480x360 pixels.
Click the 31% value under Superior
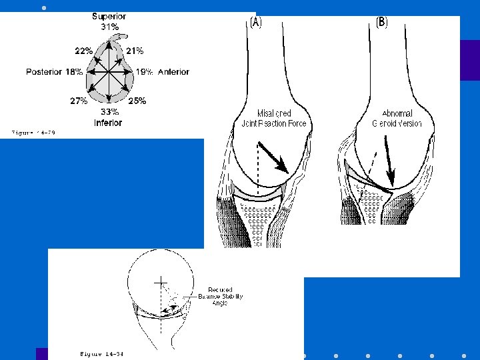pyautogui.click(x=110, y=27)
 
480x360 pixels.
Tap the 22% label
pyautogui.click(x=84, y=51)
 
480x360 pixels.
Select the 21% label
pyautogui.click(x=135, y=51)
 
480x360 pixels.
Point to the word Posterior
pyautogui.click(x=45, y=72)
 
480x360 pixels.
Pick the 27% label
pyautogui.click(x=79, y=101)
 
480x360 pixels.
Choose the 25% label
pyautogui.click(x=137, y=101)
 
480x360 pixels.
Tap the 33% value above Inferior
pyautogui.click(x=110, y=112)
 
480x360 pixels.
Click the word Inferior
pyautogui.click(x=108, y=123)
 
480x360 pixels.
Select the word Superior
pyautogui.click(x=109, y=16)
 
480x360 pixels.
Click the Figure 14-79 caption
pyautogui.click(x=33, y=133)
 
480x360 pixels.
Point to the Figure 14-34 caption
pyautogui.click(x=100, y=353)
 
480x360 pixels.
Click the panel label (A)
pyautogui.click(x=257, y=22)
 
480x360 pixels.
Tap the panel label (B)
pyautogui.click(x=382, y=22)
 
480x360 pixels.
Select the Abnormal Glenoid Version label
pyautogui.click(x=397, y=119)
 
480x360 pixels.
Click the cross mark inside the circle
pyautogui.click(x=160, y=283)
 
